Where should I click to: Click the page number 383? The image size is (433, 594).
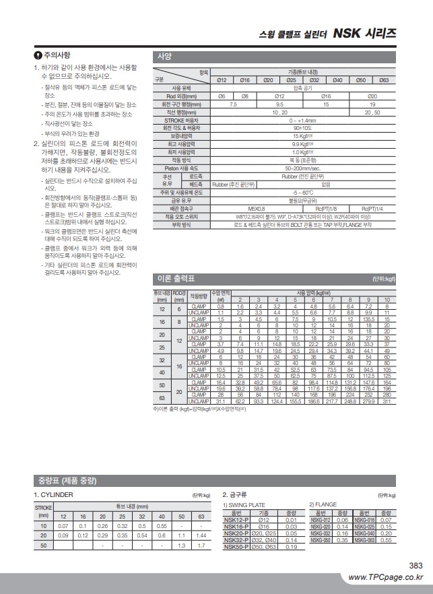tap(415, 566)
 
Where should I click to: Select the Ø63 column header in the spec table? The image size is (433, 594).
tap(384, 80)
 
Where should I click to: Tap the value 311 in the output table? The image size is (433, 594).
tap(387, 401)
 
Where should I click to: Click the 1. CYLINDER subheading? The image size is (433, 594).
tap(55, 495)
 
